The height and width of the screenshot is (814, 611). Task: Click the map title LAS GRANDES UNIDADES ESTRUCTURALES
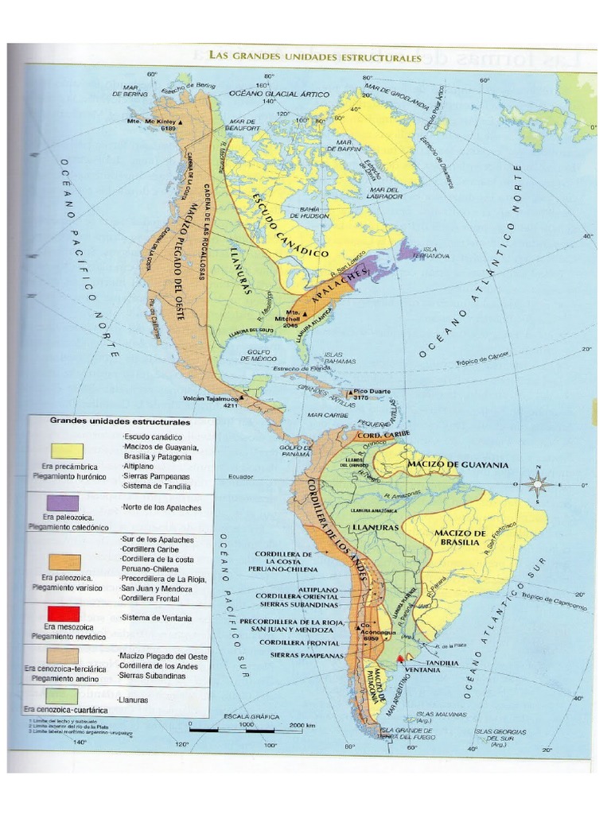(315, 57)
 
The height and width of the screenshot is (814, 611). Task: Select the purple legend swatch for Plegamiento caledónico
(63, 502)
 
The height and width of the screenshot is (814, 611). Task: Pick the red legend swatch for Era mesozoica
(63, 614)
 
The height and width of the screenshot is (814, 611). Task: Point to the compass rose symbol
(540, 483)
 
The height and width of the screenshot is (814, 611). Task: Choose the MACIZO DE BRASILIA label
(458, 537)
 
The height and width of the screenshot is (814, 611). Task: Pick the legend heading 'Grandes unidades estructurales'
(120, 421)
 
